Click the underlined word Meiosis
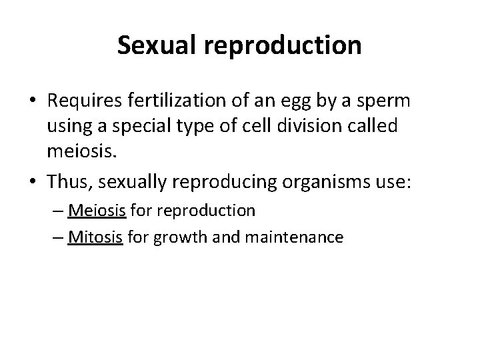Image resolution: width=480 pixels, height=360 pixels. [x=94, y=211]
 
